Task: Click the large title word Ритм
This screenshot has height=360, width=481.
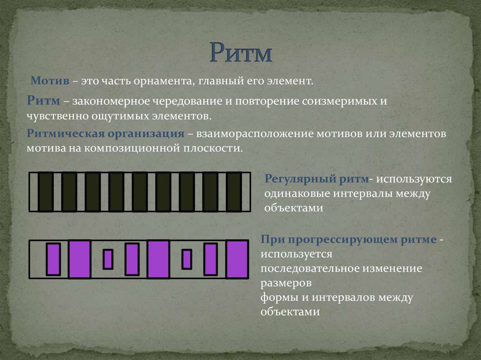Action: coord(240,53)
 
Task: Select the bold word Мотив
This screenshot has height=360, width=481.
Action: coord(50,81)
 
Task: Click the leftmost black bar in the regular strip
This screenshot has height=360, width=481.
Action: coord(46,191)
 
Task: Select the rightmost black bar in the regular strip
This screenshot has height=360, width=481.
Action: coord(233,191)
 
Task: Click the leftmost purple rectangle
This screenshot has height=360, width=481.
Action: coord(53,259)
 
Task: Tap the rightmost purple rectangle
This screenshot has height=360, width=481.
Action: coord(237,259)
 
